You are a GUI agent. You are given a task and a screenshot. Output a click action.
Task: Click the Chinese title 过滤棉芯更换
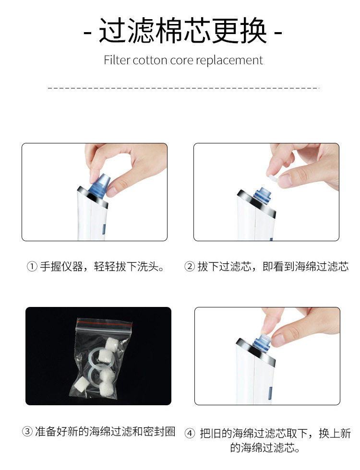183,31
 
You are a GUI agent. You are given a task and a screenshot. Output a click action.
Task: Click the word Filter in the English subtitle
117,60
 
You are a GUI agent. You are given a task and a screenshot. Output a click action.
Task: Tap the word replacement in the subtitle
229,60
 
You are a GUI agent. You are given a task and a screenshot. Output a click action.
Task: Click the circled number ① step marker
32,266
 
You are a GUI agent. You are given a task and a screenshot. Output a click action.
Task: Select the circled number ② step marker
190,266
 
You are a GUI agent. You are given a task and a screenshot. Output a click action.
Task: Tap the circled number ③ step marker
27,432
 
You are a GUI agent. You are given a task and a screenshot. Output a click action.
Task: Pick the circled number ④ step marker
190,434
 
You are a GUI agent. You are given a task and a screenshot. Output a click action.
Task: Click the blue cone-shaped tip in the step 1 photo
100,185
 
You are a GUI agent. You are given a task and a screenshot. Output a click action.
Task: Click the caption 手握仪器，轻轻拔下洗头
102,266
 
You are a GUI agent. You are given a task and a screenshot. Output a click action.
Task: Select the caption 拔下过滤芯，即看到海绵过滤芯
273,266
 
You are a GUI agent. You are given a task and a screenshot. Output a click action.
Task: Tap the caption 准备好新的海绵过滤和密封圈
105,432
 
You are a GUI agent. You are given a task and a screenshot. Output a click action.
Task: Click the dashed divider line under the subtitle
183,88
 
